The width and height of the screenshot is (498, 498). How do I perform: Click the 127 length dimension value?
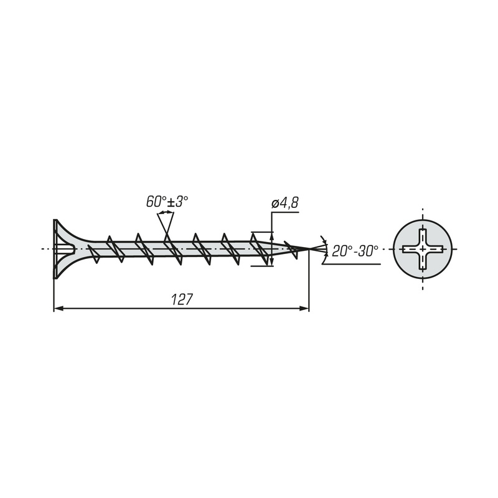(x=182, y=299)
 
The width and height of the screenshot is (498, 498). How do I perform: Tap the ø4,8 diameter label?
(x=285, y=203)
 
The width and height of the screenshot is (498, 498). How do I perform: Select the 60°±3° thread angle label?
(x=167, y=202)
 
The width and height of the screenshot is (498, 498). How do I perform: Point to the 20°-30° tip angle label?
(x=355, y=251)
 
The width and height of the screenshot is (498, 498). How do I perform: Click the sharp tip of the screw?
(x=309, y=248)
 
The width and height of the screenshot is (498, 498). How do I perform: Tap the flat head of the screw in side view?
(x=55, y=249)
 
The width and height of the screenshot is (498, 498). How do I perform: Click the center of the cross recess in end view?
(x=423, y=249)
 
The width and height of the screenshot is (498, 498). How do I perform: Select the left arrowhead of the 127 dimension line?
(x=58, y=308)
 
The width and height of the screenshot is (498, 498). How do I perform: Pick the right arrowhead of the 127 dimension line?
(x=304, y=308)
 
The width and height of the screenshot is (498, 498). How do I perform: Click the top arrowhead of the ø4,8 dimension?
(x=272, y=236)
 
